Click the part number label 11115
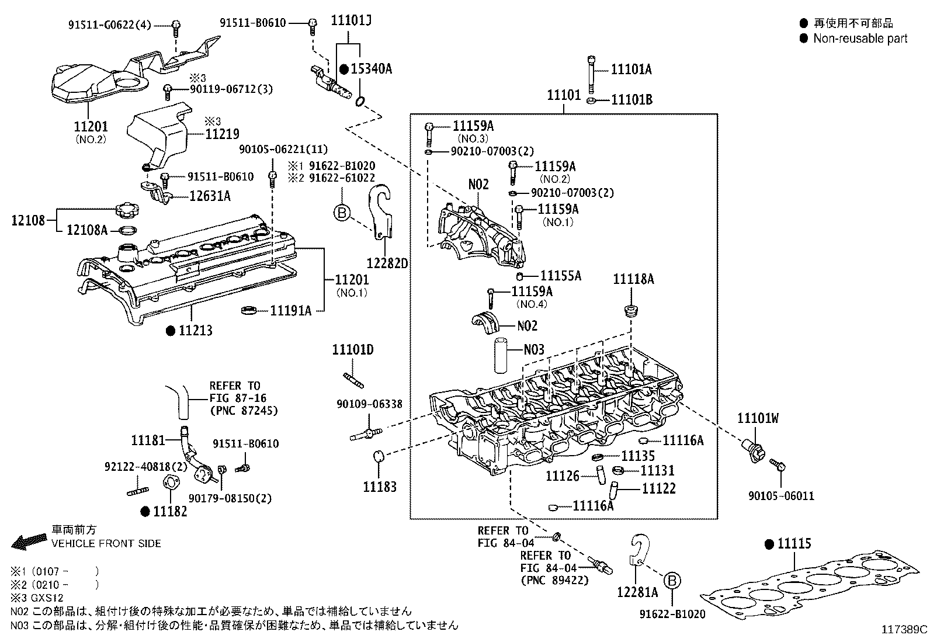(794, 544)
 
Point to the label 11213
(195, 331)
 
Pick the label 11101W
(758, 418)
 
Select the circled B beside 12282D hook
(341, 213)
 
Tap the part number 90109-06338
(369, 404)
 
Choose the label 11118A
(633, 280)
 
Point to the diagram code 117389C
(904, 630)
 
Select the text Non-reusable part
(860, 39)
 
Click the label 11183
(379, 487)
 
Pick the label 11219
(222, 134)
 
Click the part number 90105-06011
(781, 496)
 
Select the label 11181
(148, 440)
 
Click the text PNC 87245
(243, 411)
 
